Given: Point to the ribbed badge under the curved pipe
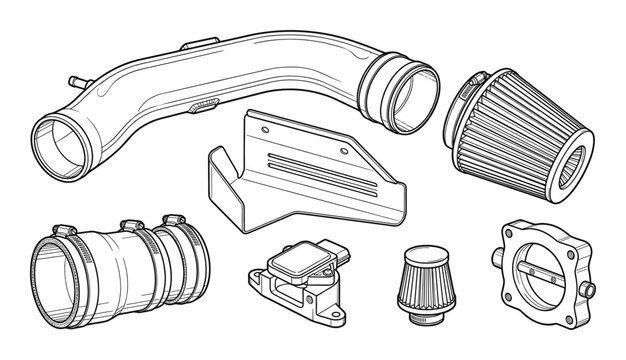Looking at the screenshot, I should [206, 104].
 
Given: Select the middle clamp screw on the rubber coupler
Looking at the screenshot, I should [128, 222].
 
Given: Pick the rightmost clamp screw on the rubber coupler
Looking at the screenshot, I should [175, 219].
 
